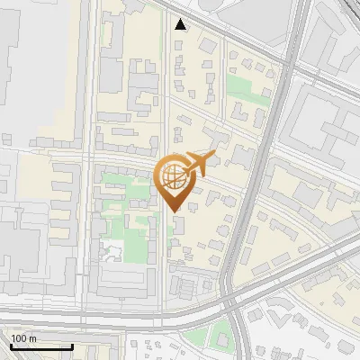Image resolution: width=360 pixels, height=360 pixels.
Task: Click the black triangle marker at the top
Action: click(x=181, y=24)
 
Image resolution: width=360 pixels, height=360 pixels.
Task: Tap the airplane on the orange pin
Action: click(x=200, y=164)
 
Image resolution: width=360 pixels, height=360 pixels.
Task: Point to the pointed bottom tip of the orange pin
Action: click(x=175, y=212)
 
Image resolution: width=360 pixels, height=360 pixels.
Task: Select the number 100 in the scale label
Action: click(x=19, y=338)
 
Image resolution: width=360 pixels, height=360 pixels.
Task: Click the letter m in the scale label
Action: click(x=32, y=338)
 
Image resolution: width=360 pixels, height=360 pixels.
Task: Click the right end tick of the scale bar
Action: click(x=72, y=346)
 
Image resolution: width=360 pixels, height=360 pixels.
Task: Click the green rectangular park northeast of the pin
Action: click(x=240, y=88)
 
